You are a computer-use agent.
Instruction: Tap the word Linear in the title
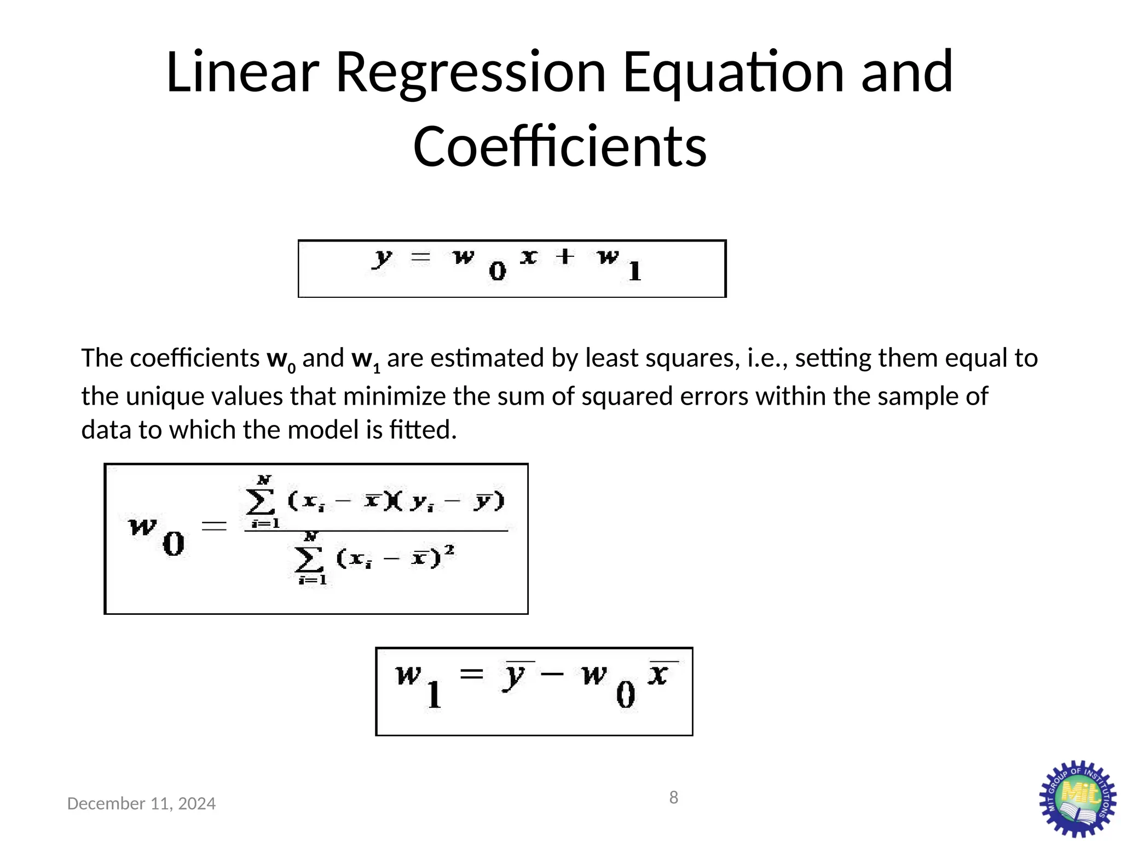[x=242, y=73]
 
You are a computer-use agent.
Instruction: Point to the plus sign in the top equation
[x=565, y=256]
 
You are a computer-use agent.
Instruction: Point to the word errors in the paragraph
[x=714, y=396]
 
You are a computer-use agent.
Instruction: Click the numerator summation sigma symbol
[x=261, y=501]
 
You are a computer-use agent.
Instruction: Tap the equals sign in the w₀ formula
[x=214, y=526]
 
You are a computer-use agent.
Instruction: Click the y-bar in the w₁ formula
[x=515, y=676]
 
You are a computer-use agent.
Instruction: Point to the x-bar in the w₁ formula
[x=658, y=674]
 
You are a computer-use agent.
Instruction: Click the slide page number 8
[x=674, y=798]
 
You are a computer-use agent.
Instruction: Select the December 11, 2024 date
[x=141, y=804]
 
